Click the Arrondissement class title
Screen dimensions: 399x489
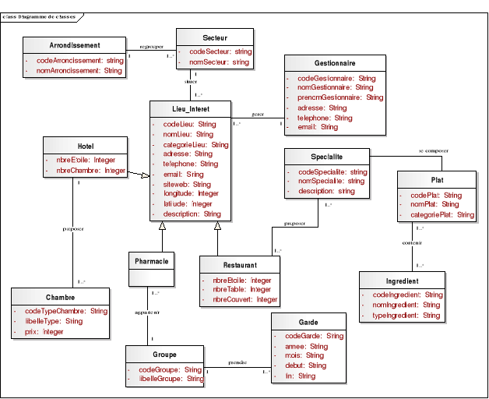(x=74, y=44)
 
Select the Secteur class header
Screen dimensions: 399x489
(x=215, y=37)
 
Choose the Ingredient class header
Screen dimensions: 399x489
(x=402, y=281)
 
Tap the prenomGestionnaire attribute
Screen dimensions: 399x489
(x=340, y=98)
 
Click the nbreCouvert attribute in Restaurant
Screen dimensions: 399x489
(x=245, y=299)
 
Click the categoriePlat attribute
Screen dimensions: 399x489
(x=442, y=214)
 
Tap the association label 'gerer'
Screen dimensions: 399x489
(x=258, y=115)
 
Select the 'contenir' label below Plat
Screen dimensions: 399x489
(x=412, y=242)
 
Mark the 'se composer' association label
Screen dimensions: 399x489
(x=433, y=150)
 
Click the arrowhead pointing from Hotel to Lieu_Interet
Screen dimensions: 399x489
(x=145, y=178)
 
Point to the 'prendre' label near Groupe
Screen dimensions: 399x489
(x=238, y=363)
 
